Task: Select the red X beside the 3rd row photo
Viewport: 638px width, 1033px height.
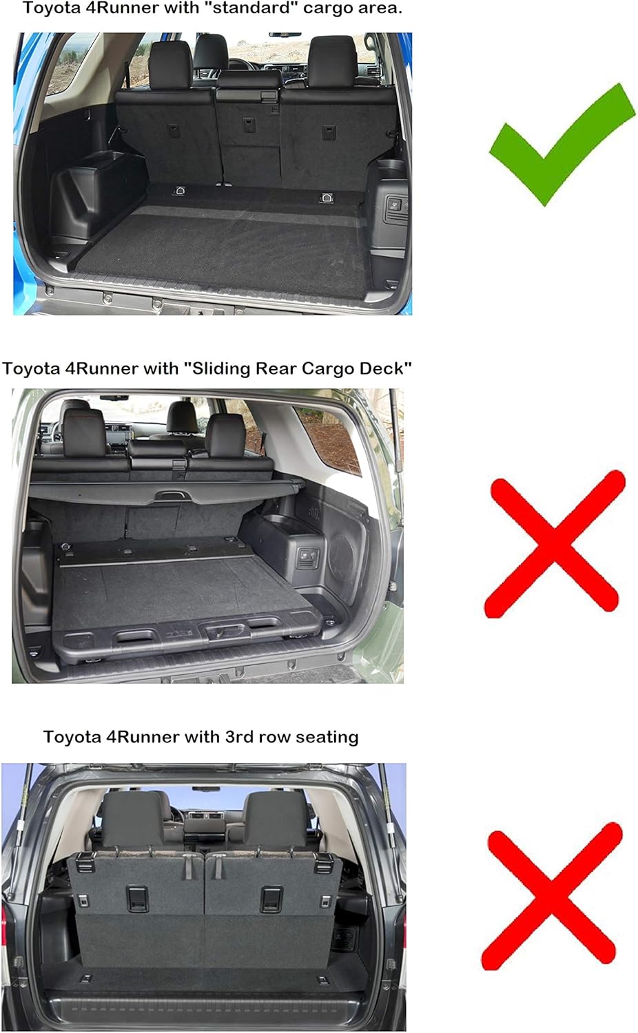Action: click(x=551, y=895)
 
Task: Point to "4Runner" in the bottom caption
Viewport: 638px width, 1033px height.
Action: click(x=143, y=737)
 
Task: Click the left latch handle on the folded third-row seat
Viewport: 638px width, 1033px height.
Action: click(x=136, y=897)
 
